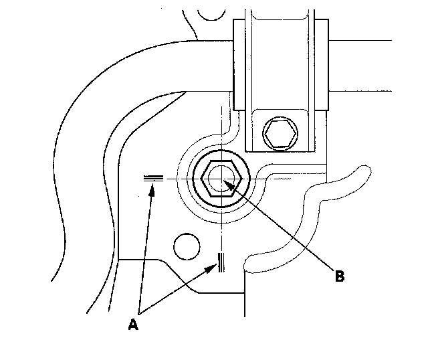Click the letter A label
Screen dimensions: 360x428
click(133, 325)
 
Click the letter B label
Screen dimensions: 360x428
click(339, 276)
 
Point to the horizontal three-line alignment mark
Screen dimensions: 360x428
click(154, 178)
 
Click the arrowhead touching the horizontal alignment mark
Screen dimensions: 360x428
click(153, 189)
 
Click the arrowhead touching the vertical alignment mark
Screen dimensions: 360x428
click(213, 268)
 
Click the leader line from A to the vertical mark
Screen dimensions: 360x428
click(177, 291)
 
